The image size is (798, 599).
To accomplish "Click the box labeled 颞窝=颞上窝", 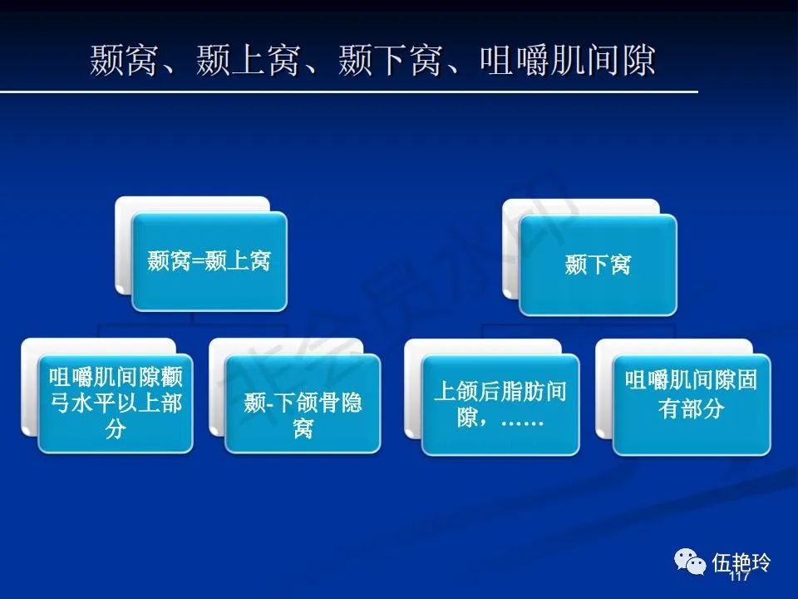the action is click(x=209, y=261).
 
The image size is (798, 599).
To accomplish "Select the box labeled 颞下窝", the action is click(x=598, y=265).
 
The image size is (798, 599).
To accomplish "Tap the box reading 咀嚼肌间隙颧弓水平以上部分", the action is click(x=116, y=403).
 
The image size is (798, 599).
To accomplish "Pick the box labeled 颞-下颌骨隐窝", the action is click(x=303, y=403).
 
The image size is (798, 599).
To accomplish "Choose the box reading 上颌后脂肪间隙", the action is click(x=500, y=404).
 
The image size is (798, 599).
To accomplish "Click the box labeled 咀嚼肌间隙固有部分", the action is click(x=692, y=404).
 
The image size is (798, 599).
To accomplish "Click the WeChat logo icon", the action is click(x=690, y=562).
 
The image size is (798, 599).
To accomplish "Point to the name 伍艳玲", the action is click(x=741, y=563).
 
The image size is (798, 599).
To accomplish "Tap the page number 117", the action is click(x=739, y=576).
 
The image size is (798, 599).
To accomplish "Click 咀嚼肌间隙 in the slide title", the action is click(x=568, y=60).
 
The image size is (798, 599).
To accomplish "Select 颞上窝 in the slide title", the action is click(x=248, y=60).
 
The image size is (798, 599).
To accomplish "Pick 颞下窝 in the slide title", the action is click(x=389, y=60).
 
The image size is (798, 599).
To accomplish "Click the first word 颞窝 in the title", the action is click(x=123, y=60).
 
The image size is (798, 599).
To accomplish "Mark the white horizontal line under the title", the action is click(x=348, y=92).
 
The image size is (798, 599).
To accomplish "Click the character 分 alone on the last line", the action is click(x=116, y=429).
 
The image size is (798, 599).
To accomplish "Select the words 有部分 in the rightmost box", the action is click(x=692, y=408).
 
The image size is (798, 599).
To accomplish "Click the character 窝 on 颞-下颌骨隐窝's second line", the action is click(x=303, y=429).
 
